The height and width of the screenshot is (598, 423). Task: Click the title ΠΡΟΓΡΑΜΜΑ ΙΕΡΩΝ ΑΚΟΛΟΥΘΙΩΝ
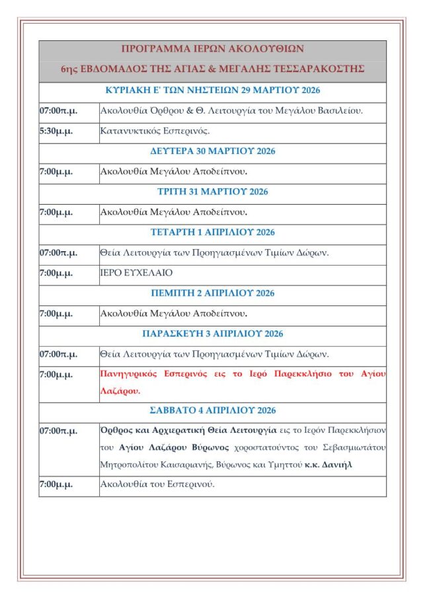click(212, 49)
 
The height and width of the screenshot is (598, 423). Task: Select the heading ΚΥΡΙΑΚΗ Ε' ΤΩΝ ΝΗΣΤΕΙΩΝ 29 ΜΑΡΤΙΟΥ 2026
click(212, 91)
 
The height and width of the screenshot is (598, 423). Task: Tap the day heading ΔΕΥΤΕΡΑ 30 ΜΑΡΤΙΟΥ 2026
click(212, 151)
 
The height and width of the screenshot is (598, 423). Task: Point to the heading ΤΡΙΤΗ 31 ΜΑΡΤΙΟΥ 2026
click(212, 192)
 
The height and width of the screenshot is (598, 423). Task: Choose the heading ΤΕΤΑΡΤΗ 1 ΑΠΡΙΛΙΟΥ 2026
click(212, 232)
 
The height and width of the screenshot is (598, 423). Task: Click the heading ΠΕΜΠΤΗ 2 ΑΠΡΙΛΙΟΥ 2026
click(212, 293)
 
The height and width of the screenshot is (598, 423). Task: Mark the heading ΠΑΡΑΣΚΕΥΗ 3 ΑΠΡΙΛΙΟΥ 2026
click(212, 334)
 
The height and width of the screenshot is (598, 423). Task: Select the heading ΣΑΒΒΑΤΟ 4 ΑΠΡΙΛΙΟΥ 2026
click(212, 410)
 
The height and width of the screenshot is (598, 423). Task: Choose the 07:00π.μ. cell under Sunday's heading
click(58, 110)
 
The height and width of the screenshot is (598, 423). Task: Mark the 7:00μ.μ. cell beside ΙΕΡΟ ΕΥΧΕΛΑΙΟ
click(56, 272)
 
